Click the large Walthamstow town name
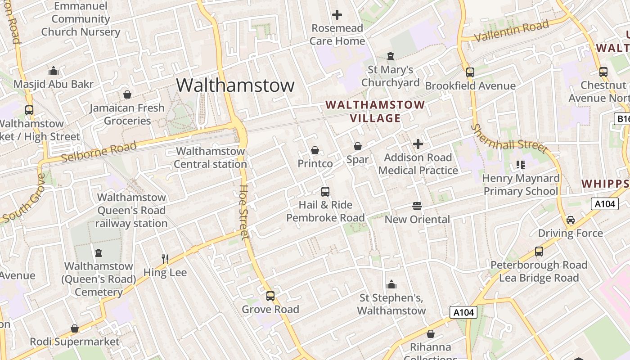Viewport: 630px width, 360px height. (x=235, y=85)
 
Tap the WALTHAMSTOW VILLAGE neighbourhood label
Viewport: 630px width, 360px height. (x=375, y=112)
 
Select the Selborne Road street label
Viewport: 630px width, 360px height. (x=99, y=151)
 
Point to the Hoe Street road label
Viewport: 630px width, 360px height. (x=244, y=211)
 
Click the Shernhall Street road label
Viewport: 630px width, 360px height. (x=509, y=139)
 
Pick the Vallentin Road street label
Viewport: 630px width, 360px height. (x=512, y=31)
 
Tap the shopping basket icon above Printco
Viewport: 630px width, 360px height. (x=315, y=150)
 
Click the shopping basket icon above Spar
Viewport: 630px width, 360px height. (x=358, y=146)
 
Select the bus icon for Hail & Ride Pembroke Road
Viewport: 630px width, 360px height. (x=325, y=192)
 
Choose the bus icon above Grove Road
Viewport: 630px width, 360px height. (x=270, y=296)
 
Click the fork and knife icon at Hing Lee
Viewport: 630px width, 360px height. (x=165, y=259)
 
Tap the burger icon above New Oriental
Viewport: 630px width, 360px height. (x=417, y=206)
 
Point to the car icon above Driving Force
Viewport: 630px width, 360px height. (x=571, y=220)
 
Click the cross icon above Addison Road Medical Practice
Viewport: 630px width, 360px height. (x=418, y=144)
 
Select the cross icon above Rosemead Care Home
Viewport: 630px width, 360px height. (x=337, y=15)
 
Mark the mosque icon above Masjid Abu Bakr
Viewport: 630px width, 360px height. (x=54, y=71)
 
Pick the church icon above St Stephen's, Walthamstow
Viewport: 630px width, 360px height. (x=391, y=284)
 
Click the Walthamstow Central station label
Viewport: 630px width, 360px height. (x=210, y=157)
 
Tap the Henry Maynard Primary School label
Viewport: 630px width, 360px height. (x=521, y=184)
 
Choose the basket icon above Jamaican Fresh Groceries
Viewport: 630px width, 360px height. (x=127, y=94)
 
